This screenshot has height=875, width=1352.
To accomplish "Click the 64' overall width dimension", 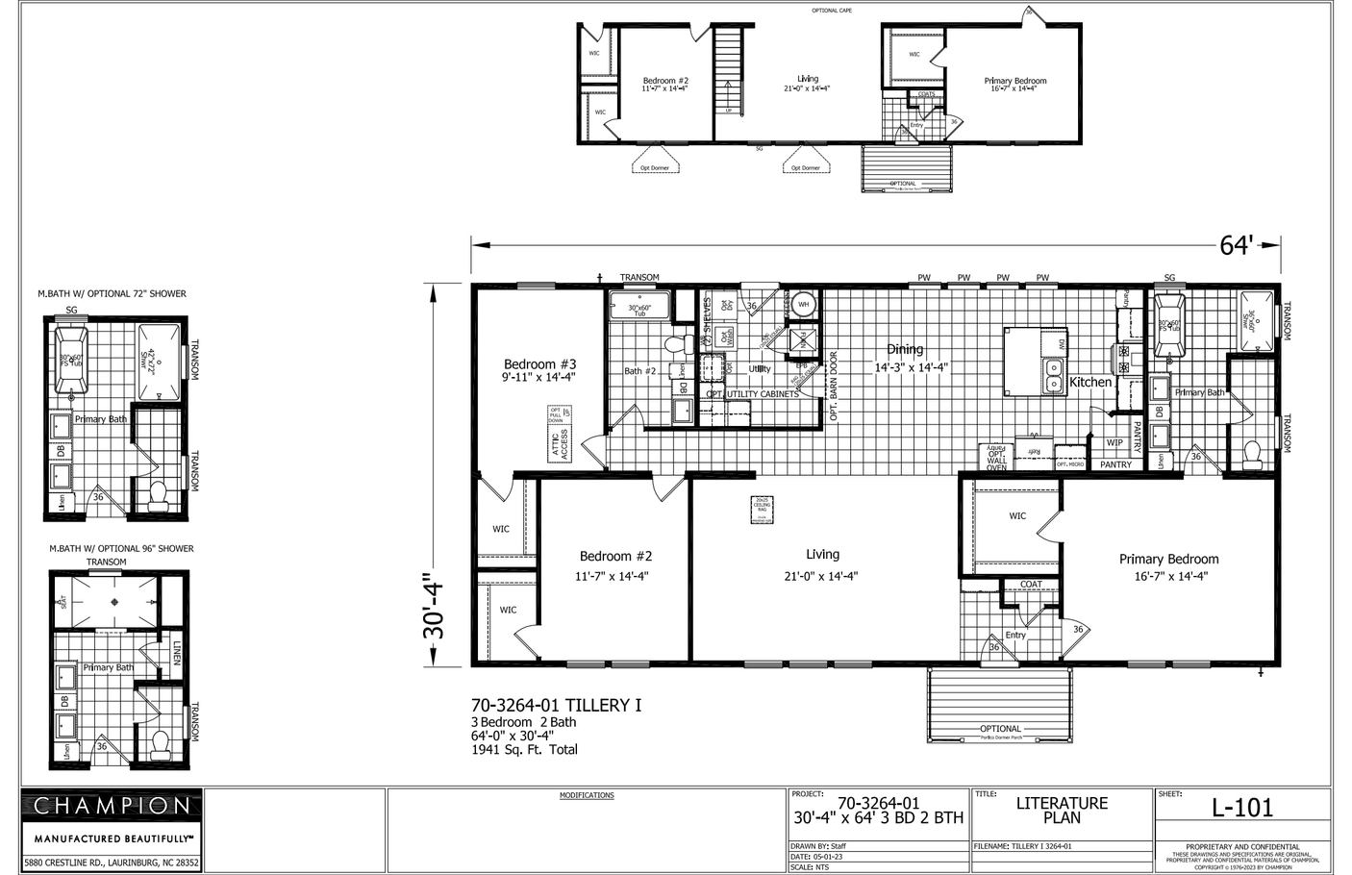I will pyautogui.click(x=1237, y=246).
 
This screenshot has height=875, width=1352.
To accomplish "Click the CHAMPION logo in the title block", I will pyautogui.click(x=112, y=806).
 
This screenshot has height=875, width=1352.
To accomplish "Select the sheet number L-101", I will pyautogui.click(x=1241, y=809).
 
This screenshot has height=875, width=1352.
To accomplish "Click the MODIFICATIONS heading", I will pyautogui.click(x=587, y=795).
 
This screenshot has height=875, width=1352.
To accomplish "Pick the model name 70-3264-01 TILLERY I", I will pyautogui.click(x=556, y=706).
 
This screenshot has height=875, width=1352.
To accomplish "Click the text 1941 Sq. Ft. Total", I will pyautogui.click(x=524, y=750).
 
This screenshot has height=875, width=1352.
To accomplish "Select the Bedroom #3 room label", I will pyautogui.click(x=539, y=364).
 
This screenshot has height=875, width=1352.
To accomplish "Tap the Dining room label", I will pyautogui.click(x=905, y=350).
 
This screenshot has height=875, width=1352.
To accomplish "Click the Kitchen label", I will pyautogui.click(x=1090, y=382).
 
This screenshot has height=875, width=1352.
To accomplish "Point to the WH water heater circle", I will pyautogui.click(x=804, y=305).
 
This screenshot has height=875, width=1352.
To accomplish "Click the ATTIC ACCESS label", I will pyautogui.click(x=560, y=443).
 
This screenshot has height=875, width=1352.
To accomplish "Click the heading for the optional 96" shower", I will pyautogui.click(x=121, y=549).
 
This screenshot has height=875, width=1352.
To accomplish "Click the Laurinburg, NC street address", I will pyautogui.click(x=112, y=863).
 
